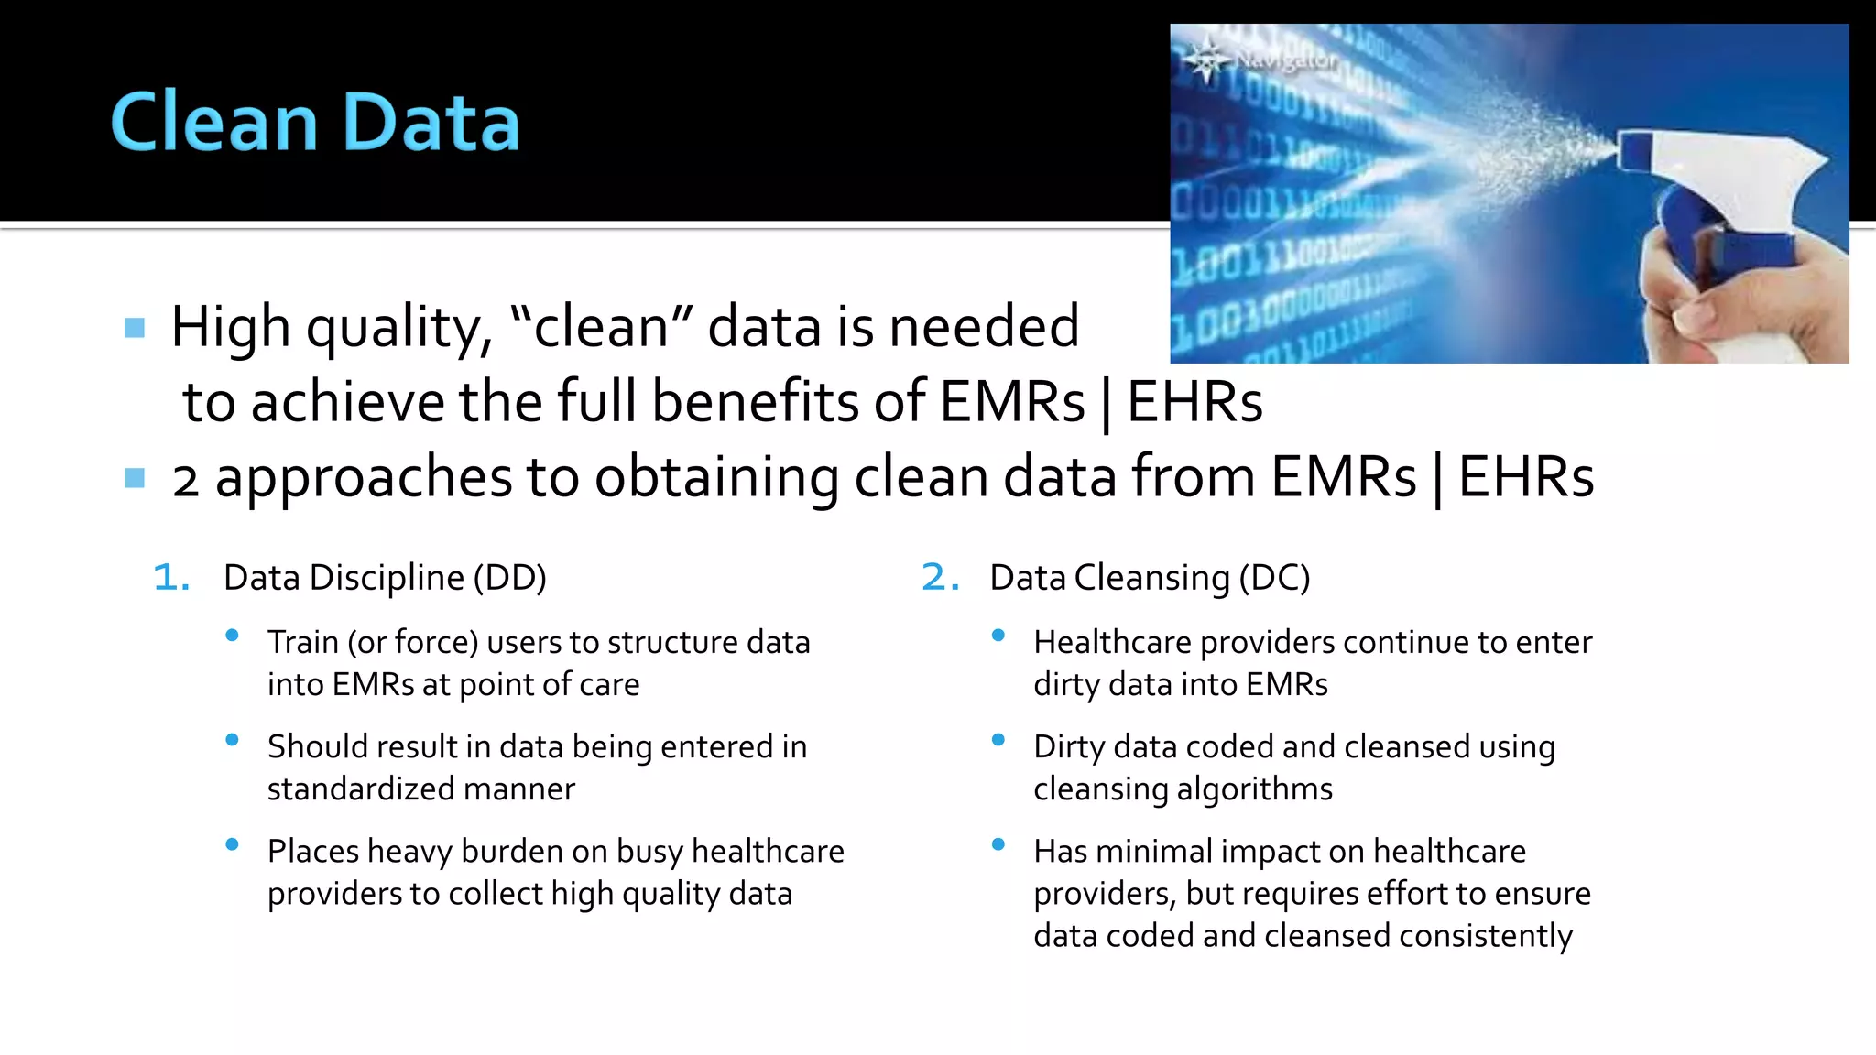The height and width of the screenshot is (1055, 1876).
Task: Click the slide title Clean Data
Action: coord(315,122)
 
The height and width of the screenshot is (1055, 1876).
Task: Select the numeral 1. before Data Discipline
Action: coord(171,578)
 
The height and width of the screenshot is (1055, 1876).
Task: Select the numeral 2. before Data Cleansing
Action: coord(940,578)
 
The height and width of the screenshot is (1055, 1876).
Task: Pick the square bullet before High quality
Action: coord(135,328)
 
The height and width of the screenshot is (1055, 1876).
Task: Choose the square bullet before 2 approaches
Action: coord(135,478)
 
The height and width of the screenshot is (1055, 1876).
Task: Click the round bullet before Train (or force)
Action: coord(233,636)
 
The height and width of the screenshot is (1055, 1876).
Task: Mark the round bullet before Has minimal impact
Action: coord(998,844)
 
